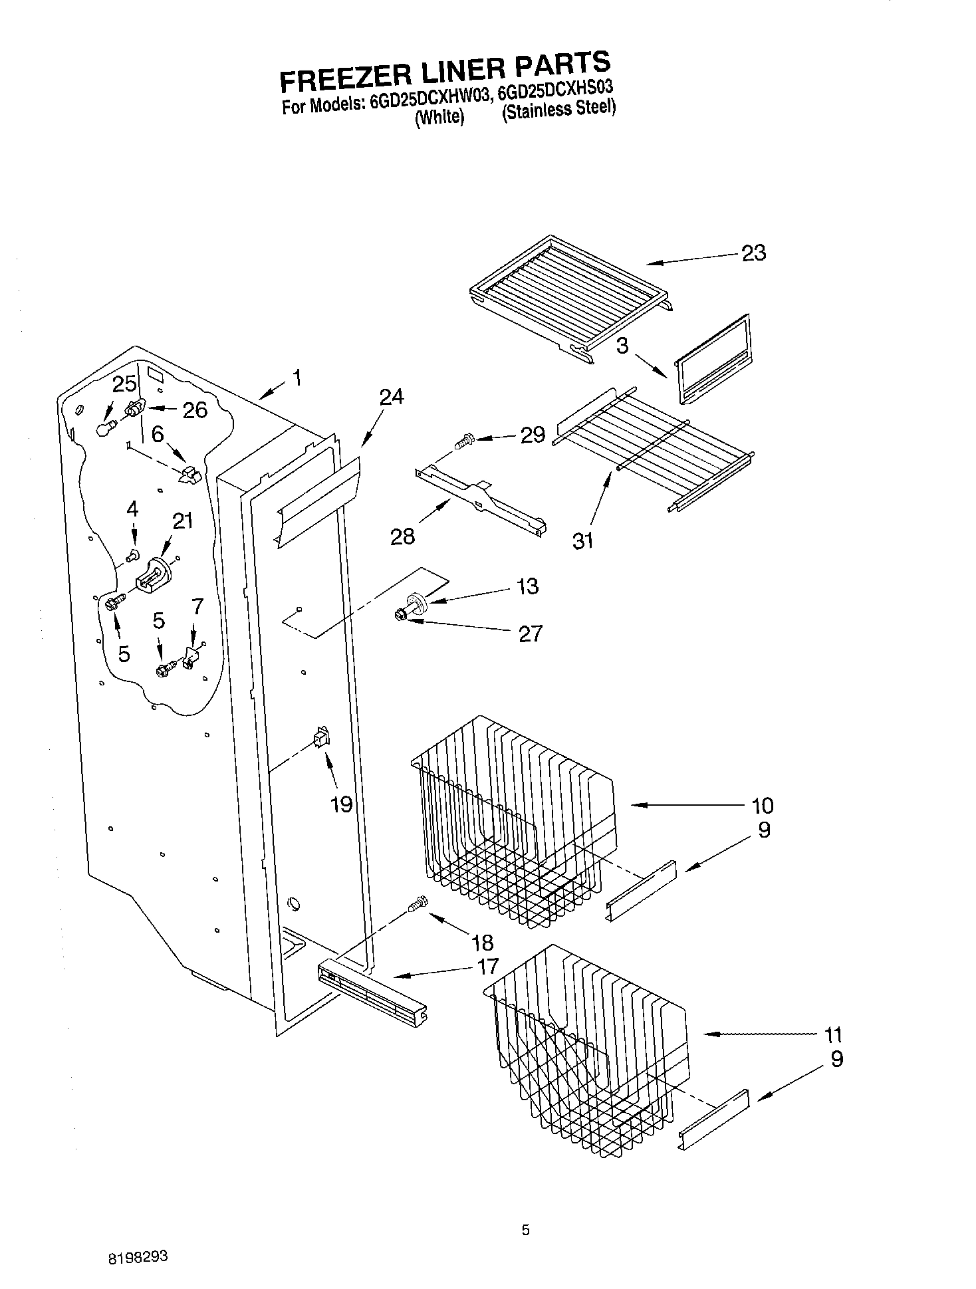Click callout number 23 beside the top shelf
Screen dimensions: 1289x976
pyautogui.click(x=753, y=253)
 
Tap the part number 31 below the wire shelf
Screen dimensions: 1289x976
pyautogui.click(x=582, y=541)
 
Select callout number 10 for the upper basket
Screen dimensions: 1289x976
pyautogui.click(x=762, y=806)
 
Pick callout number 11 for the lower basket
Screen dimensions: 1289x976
pyautogui.click(x=832, y=1035)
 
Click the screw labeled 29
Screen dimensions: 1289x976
pyautogui.click(x=464, y=439)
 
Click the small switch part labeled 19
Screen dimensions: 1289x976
pyautogui.click(x=322, y=738)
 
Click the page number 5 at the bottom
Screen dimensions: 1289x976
pyautogui.click(x=525, y=1230)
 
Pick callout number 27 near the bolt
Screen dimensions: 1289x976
pyautogui.click(x=530, y=634)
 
